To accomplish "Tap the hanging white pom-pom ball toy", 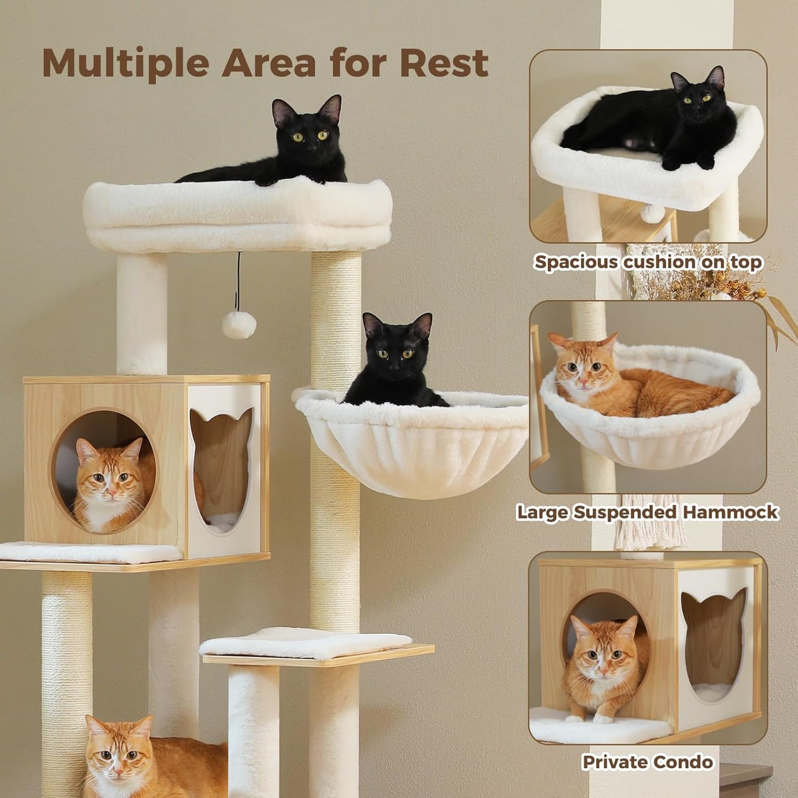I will pos(239,325).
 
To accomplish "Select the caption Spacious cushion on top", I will pos(648,262).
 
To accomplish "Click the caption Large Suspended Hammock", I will pos(647,512).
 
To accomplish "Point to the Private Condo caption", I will pos(647,762).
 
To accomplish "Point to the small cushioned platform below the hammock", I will pos(307,643).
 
